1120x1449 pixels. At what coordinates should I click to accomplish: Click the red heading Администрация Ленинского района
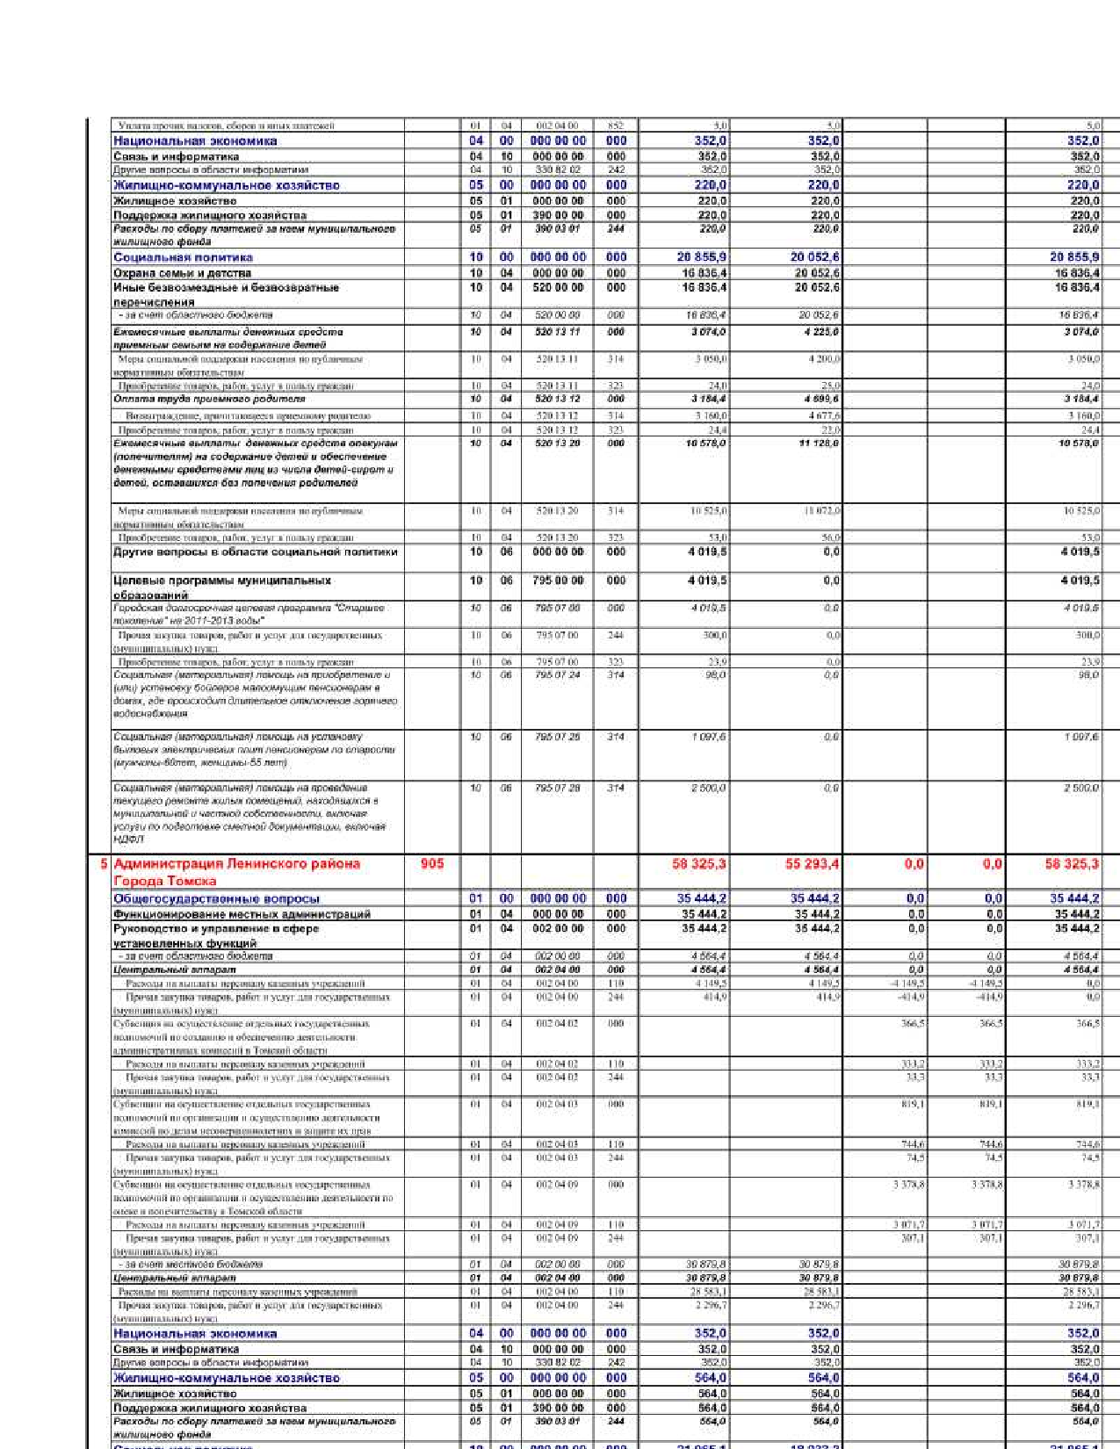coord(237,864)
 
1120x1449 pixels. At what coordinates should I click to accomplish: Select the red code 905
coord(432,864)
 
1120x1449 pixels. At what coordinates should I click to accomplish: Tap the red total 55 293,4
coord(812,864)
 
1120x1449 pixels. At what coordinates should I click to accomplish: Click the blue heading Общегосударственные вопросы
coord(216,898)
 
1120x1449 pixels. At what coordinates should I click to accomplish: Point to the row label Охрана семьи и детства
coord(182,273)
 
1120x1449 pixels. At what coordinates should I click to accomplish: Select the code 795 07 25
coord(557,737)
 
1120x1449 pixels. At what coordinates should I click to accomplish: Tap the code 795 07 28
coord(557,788)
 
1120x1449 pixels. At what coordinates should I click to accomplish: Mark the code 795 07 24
coord(557,674)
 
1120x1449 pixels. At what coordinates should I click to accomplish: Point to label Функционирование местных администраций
coord(242,914)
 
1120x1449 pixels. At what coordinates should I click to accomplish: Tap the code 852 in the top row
coord(616,126)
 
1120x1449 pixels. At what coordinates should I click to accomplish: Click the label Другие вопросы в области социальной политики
coord(255,552)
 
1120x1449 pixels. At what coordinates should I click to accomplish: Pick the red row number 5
coord(104,864)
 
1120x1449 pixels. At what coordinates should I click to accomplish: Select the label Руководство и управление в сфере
coord(216,928)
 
